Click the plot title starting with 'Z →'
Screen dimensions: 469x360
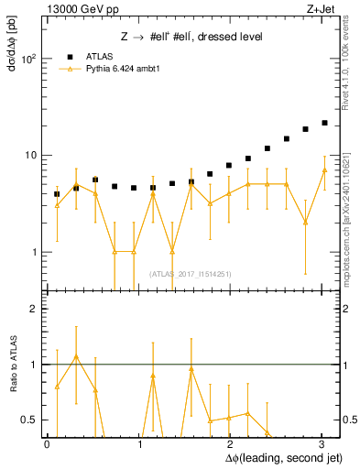[192, 37]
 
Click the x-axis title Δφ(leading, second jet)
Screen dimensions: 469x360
[274, 457]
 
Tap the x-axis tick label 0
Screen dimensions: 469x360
[47, 444]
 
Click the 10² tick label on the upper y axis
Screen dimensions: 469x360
[28, 59]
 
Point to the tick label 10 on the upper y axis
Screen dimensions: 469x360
[29, 156]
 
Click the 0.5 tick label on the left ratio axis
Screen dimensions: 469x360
[27, 420]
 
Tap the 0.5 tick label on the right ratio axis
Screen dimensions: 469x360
[349, 420]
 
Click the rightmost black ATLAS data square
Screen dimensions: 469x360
[324, 123]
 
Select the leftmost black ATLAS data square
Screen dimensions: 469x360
[57, 194]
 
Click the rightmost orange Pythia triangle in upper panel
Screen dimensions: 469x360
[324, 170]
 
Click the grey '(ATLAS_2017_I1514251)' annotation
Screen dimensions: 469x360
[190, 272]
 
